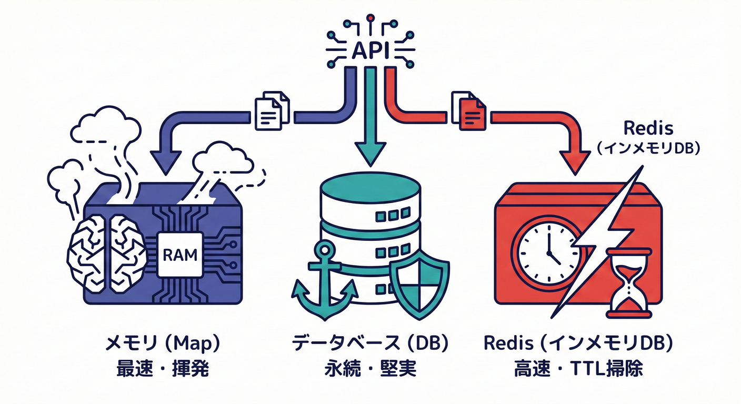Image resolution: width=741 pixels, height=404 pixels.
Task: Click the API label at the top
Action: pos(370,51)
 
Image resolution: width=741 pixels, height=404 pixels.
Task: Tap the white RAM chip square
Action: pos(180,256)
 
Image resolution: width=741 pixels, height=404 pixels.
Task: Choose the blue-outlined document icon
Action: pos(272,111)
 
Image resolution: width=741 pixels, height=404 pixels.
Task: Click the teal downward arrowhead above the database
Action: pos(370,153)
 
